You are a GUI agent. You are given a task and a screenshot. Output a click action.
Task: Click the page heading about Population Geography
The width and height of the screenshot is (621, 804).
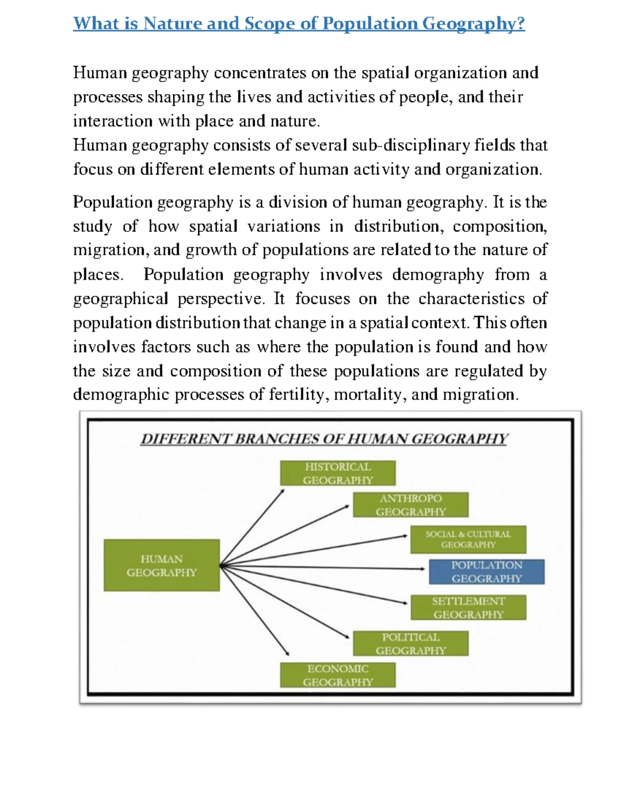pyautogui.click(x=299, y=24)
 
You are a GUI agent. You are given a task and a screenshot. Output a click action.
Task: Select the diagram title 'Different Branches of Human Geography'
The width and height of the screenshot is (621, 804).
pyautogui.click(x=324, y=439)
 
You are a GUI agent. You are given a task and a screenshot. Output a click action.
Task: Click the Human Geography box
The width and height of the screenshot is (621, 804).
pyautogui.click(x=161, y=565)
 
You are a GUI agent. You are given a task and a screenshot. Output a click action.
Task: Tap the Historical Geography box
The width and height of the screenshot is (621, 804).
pyautogui.click(x=337, y=473)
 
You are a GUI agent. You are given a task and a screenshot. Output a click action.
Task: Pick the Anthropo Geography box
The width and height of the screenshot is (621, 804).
pyautogui.click(x=410, y=505)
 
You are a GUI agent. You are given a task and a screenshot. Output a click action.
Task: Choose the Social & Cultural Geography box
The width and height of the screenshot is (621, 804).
pyautogui.click(x=468, y=539)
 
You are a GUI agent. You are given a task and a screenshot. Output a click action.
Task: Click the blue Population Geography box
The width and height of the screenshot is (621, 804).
pyautogui.click(x=486, y=572)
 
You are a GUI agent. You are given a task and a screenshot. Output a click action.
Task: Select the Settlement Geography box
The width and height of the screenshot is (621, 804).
pyautogui.click(x=468, y=607)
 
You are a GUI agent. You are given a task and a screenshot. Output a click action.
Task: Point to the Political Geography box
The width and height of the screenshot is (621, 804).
pyautogui.click(x=410, y=644)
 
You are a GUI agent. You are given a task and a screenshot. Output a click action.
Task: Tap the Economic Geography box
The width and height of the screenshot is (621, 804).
pyautogui.click(x=337, y=675)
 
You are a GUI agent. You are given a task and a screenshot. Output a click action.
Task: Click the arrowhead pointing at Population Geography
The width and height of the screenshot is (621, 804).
pyautogui.click(x=422, y=568)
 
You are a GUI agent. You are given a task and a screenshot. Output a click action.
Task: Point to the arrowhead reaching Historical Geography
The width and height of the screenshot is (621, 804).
pyautogui.click(x=282, y=492)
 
